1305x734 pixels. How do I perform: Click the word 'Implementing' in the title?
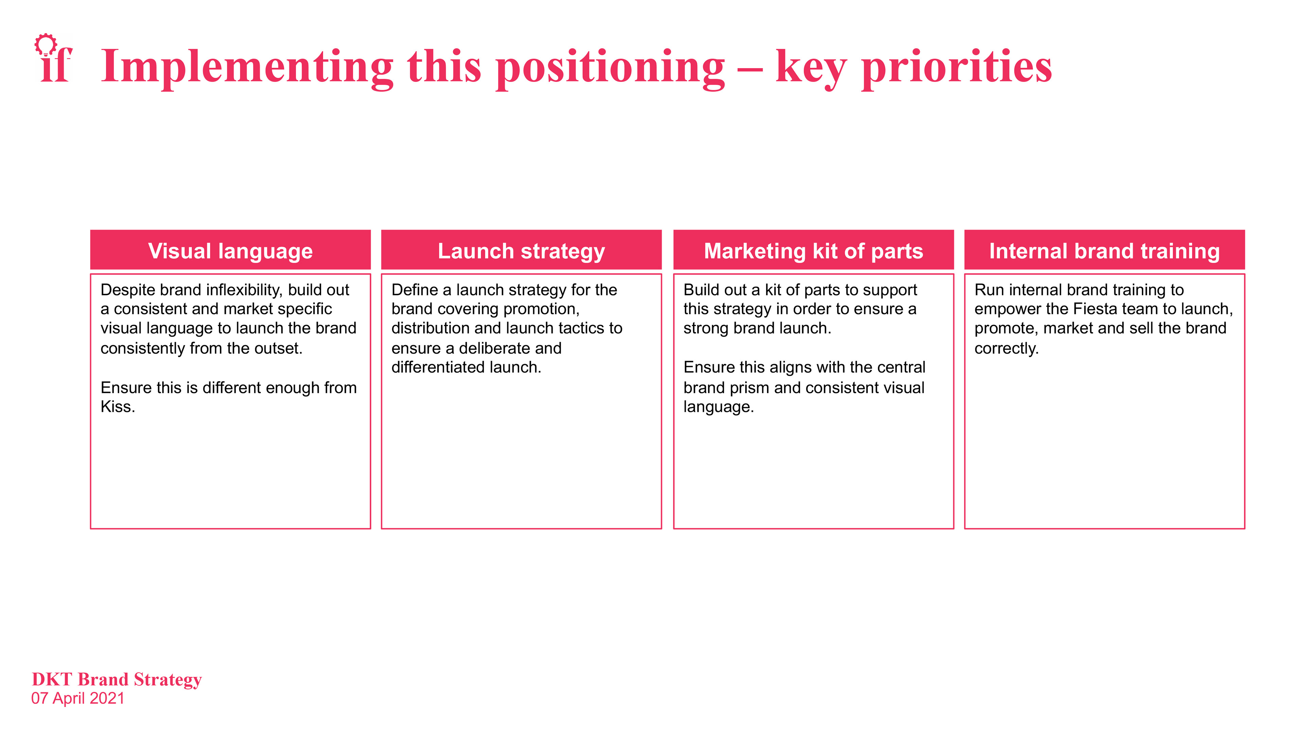(247, 67)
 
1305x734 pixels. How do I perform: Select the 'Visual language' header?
(230, 251)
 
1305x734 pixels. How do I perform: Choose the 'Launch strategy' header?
(521, 251)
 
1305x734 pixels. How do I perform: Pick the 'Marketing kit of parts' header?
(813, 251)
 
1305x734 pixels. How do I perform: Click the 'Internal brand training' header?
(1104, 251)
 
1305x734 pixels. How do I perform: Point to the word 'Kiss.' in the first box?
(118, 407)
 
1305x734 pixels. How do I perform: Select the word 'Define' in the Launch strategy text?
(414, 290)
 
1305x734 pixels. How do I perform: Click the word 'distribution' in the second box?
(430, 328)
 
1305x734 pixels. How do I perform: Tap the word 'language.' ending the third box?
(718, 407)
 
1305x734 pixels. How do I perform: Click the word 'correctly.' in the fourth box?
(1006, 349)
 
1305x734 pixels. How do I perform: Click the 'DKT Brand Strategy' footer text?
(117, 679)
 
